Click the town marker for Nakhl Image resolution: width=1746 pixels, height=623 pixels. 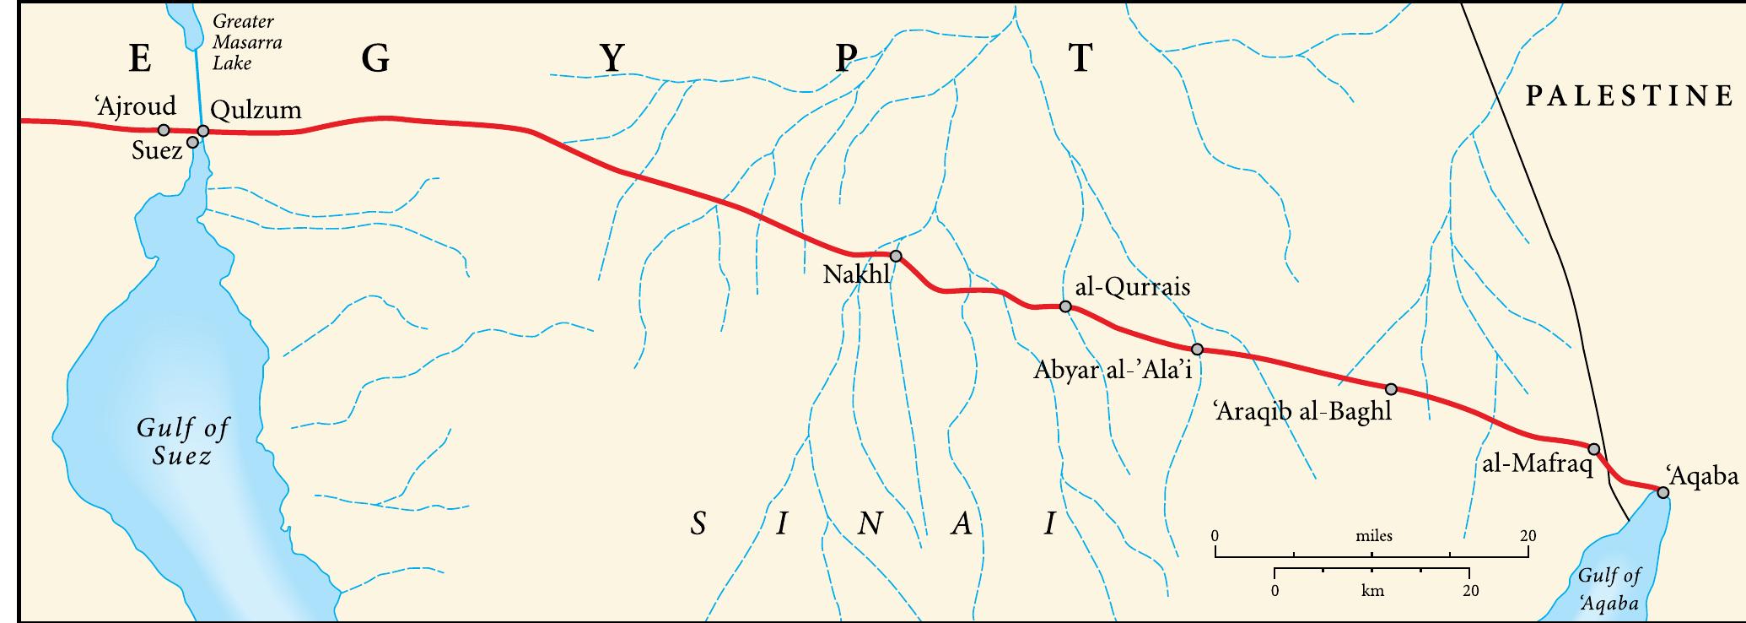(896, 256)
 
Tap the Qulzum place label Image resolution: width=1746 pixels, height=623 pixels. (256, 110)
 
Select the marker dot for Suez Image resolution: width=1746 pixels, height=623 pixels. (192, 142)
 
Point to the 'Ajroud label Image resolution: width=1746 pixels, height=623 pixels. (136, 106)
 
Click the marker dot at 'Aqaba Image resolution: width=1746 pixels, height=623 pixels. (1662, 492)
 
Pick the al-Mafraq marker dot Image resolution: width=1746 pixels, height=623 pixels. (1594, 449)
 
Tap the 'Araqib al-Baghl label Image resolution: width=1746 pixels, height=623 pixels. (1302, 412)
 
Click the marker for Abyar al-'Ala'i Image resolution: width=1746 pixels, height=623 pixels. (1197, 349)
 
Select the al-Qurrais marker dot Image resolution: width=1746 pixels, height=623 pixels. (1065, 307)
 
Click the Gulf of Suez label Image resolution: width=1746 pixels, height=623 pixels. (182, 442)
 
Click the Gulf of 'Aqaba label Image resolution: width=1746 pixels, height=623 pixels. (1609, 589)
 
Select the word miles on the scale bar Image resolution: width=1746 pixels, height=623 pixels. (1374, 536)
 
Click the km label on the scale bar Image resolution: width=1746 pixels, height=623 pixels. (1372, 591)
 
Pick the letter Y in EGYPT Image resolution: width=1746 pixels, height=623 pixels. (612, 58)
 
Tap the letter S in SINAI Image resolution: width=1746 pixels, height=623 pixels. (698, 524)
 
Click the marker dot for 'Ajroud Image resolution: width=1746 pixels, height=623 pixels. (164, 130)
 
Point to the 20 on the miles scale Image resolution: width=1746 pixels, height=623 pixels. (1528, 536)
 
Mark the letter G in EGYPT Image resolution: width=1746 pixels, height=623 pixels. (375, 58)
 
